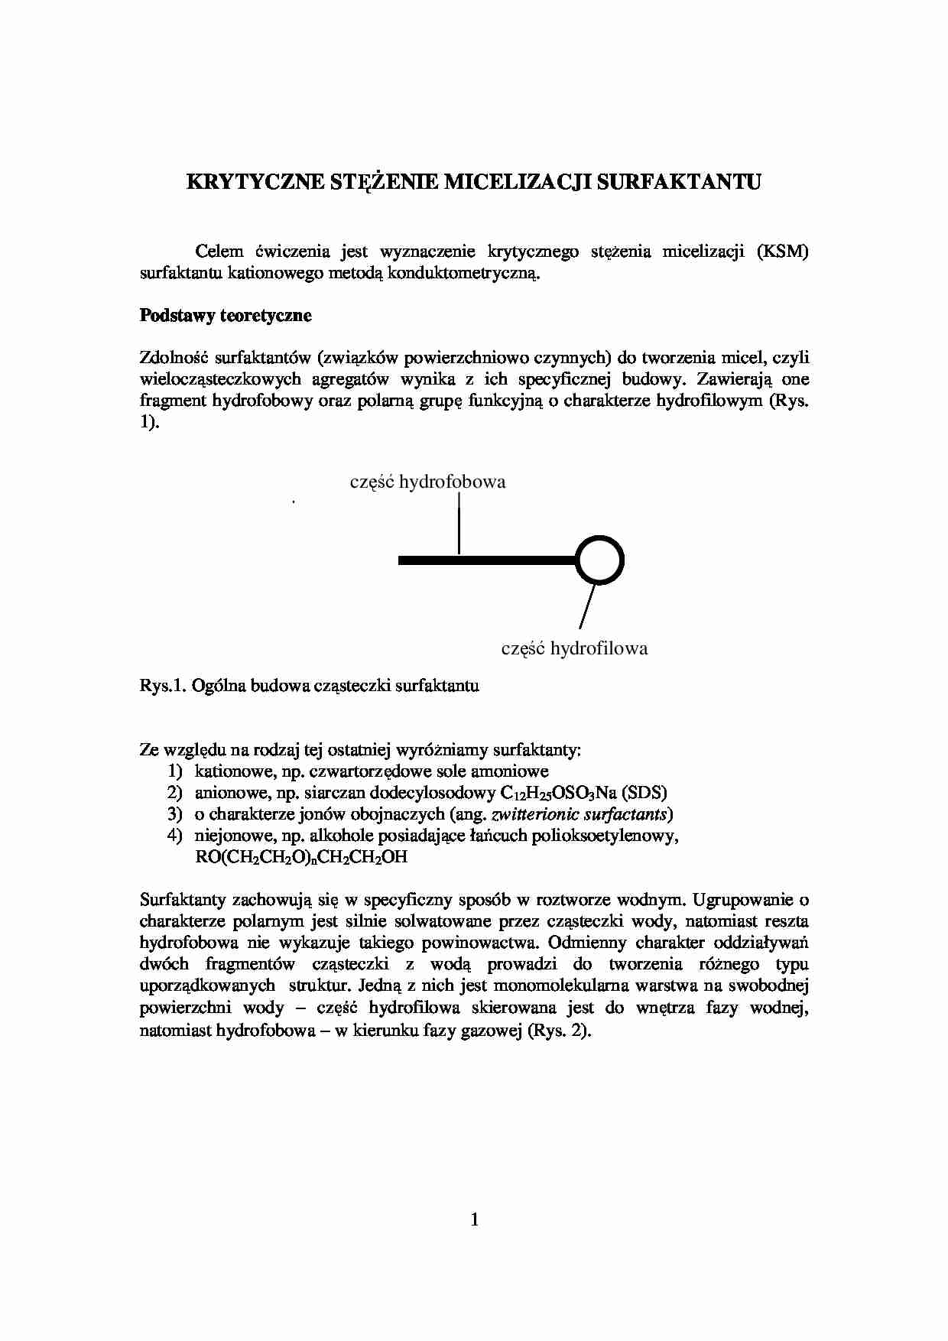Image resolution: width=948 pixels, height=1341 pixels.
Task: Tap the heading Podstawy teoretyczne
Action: click(x=226, y=316)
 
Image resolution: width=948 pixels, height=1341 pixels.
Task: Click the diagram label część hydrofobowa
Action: click(x=427, y=482)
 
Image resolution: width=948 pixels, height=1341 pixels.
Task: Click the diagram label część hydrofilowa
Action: click(x=574, y=648)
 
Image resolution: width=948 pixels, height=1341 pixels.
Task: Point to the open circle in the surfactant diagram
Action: click(x=599, y=560)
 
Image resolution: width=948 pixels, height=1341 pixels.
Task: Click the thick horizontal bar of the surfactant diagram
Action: click(x=485, y=561)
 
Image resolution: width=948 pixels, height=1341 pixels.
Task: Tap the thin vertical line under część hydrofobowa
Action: click(x=459, y=523)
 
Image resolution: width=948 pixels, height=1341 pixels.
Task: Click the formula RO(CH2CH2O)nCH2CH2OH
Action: click(x=301, y=857)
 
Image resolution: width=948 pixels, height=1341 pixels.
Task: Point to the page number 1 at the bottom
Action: click(x=474, y=1219)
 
